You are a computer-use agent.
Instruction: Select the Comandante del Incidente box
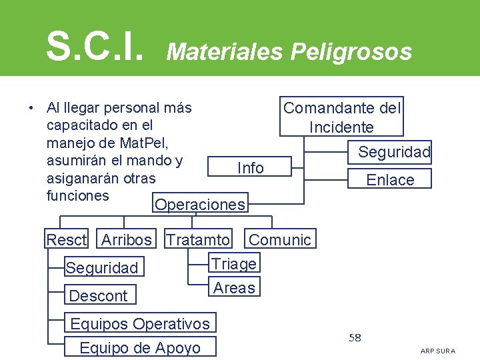342,117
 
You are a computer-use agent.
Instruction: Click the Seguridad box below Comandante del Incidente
394,152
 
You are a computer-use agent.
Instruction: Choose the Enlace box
390,179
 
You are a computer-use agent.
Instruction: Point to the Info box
251,168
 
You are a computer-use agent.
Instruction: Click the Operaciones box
200,205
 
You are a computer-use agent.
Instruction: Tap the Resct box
67,239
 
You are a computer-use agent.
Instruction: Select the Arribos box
127,239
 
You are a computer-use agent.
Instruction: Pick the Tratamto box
198,239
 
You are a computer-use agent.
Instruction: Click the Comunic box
280,239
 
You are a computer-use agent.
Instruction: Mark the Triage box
234,264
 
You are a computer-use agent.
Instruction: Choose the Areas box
234,288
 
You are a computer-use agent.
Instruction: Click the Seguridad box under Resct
102,268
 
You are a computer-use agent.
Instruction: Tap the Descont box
99,295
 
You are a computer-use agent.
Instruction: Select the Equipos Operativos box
140,324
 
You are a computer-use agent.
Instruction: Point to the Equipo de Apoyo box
139,347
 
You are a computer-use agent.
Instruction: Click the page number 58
355,338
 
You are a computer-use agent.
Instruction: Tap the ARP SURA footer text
438,351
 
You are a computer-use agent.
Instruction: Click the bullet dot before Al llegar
31,108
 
